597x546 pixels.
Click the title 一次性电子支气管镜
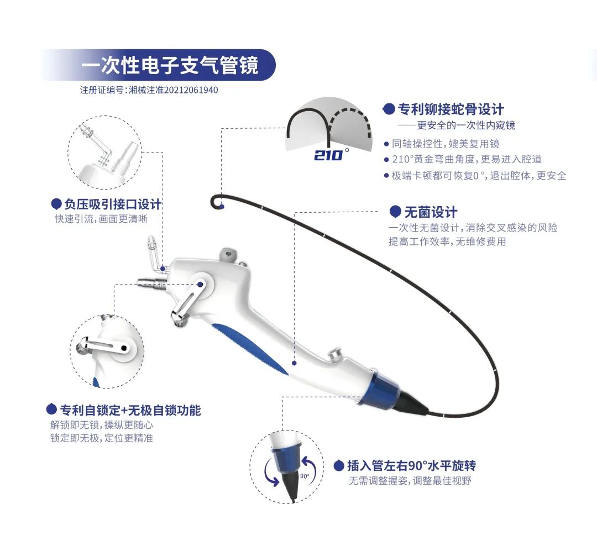pyautogui.click(x=170, y=65)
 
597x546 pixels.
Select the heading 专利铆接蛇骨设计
pyautogui.click(x=451, y=109)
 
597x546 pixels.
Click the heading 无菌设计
pyautogui.click(x=431, y=212)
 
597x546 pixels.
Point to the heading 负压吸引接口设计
pyautogui.click(x=113, y=204)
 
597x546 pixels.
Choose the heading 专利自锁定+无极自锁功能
pyautogui.click(x=130, y=410)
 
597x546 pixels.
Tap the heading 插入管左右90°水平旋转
pyautogui.click(x=411, y=465)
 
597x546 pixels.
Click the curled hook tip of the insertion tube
pyautogui.click(x=216, y=201)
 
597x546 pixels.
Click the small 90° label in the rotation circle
pyautogui.click(x=305, y=476)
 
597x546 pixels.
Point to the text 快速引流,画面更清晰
pyautogui.click(x=101, y=219)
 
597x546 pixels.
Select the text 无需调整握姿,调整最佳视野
pyautogui.click(x=410, y=481)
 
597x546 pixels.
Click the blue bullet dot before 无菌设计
pyautogui.click(x=395, y=212)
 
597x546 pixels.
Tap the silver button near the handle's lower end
pyautogui.click(x=336, y=354)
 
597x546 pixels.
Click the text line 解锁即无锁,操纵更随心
pyautogui.click(x=102, y=425)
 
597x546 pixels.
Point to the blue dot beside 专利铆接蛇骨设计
pyautogui.click(x=389, y=109)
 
